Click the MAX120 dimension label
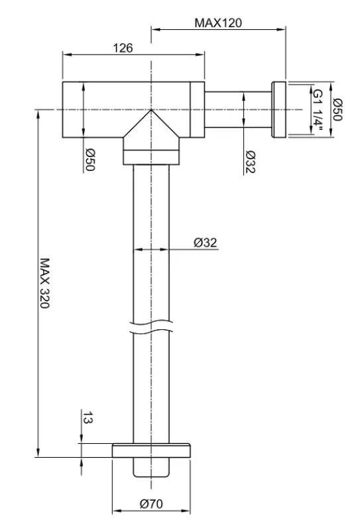click(218, 23)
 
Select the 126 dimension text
click(124, 48)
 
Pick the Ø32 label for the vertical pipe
click(206, 242)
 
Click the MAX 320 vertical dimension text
click(45, 286)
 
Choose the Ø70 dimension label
click(151, 504)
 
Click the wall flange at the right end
click(278, 109)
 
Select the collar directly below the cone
click(151, 158)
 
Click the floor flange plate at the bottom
click(151, 450)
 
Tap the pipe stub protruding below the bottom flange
click(151, 466)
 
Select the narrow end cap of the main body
click(197, 109)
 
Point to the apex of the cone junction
click(151, 111)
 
